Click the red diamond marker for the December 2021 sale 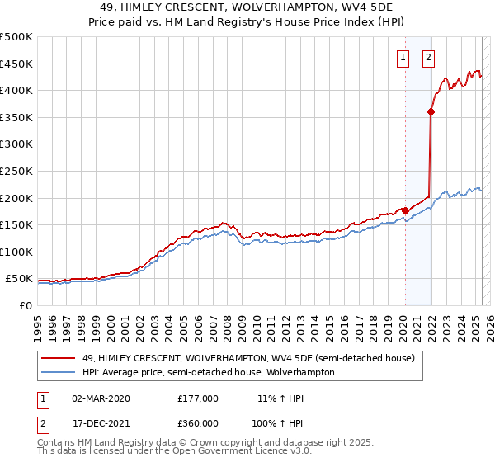tap(431, 112)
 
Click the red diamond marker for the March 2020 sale tap(405, 210)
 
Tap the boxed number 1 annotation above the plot tap(403, 58)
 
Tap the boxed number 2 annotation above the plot tap(429, 58)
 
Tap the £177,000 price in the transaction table tap(198, 398)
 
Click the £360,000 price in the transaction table tap(198, 423)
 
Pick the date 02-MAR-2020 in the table tap(101, 398)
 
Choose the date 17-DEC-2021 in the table tap(101, 423)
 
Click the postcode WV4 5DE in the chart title tap(375, 7)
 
